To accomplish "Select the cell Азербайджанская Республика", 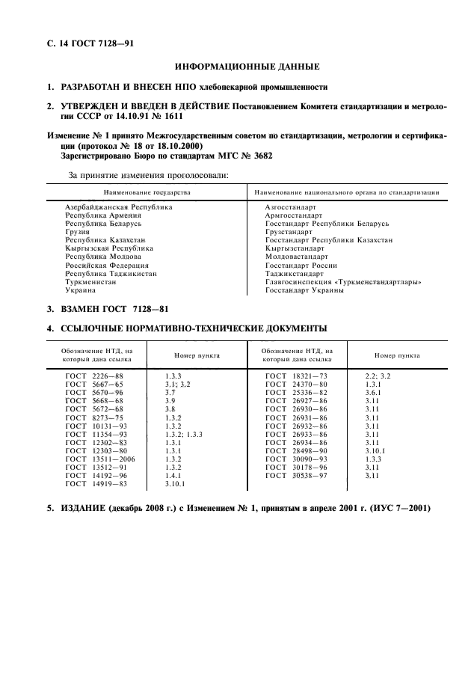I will pos(119,206).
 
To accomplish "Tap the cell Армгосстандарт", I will pos(294,214).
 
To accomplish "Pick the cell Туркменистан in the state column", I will pos(90,282).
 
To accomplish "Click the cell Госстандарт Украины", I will pos(304,290).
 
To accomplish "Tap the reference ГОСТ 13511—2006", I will pos(98,459).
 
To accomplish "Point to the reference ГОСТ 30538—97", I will pos(296,476).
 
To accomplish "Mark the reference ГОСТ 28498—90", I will pos(296,450).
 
